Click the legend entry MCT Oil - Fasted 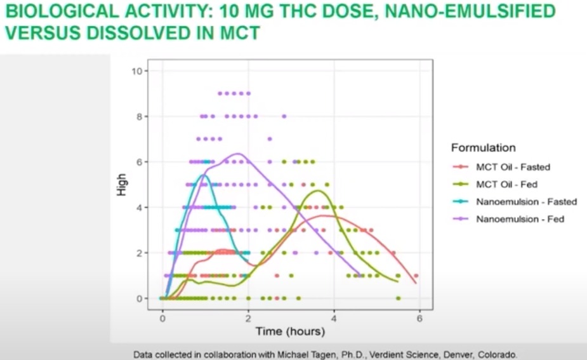click(513, 168)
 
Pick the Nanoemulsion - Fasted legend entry click(526, 202)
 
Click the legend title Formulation click(483, 148)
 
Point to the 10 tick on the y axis click(136, 70)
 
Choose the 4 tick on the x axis click(334, 319)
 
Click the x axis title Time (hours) click(290, 331)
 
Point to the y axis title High click(122, 184)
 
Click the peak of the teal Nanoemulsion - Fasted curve click(203, 175)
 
